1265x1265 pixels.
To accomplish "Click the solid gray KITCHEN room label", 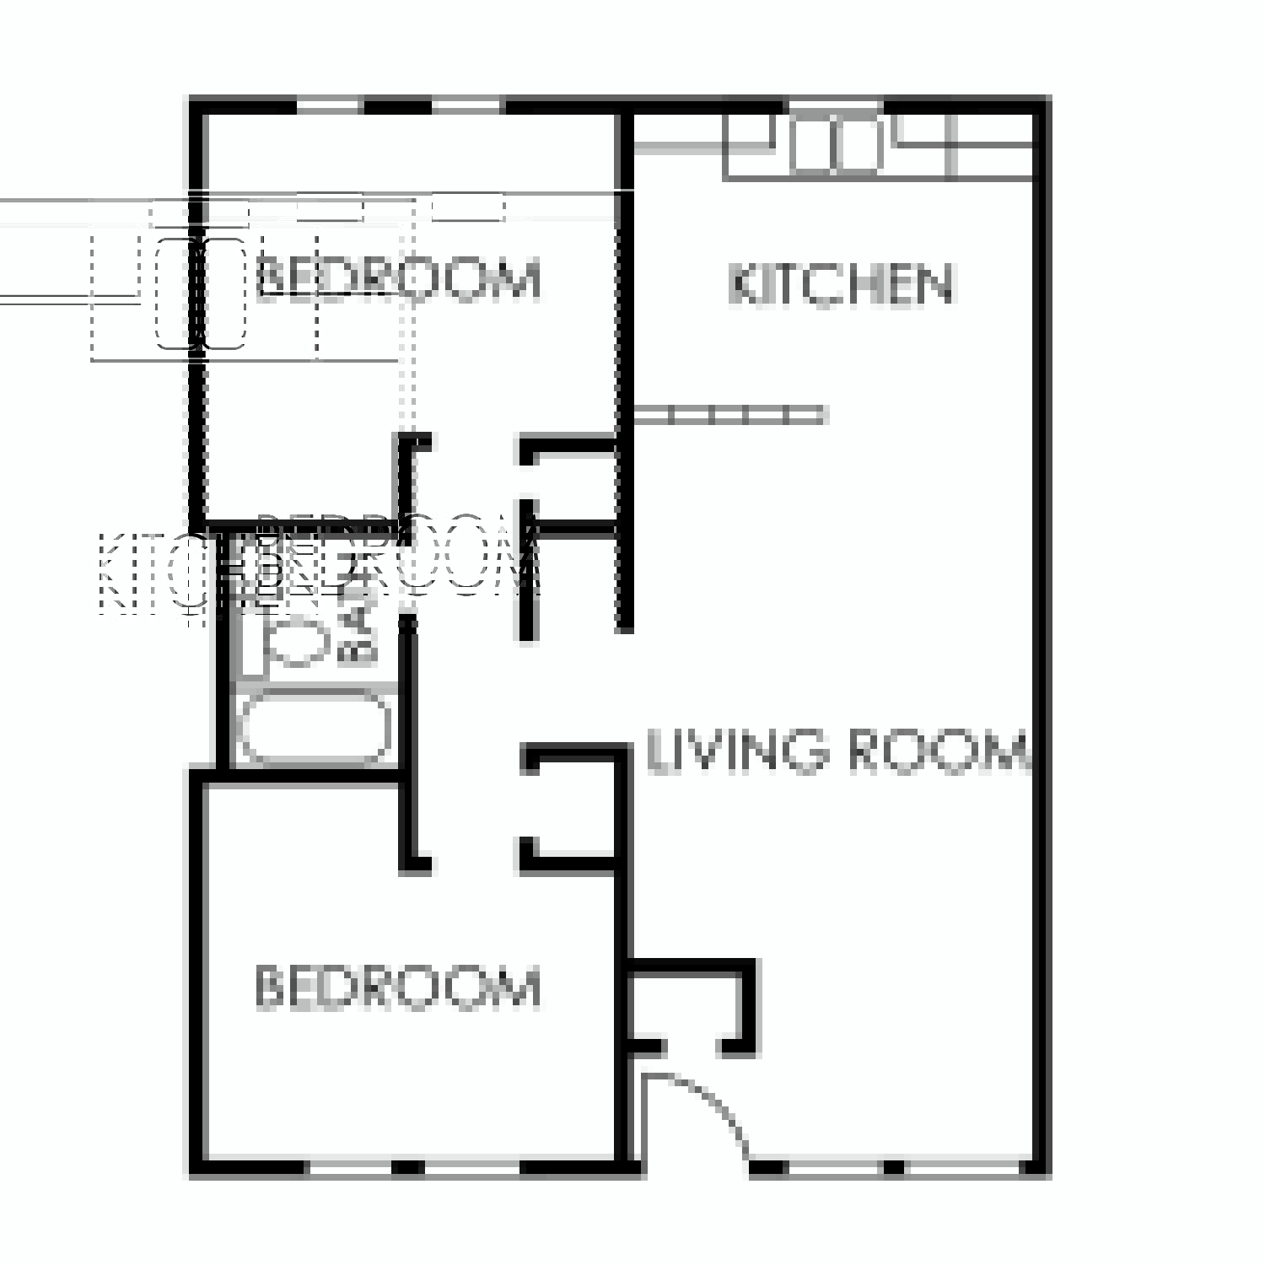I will (841, 284).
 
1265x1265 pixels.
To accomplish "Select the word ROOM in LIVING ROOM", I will (936, 751).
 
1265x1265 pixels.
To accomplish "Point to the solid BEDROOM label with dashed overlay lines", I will (397, 279).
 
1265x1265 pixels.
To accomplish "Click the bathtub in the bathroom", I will (315, 727).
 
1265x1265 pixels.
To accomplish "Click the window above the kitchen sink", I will (835, 105).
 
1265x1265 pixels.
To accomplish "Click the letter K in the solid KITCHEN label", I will (742, 284).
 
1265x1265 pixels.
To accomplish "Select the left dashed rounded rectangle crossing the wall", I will (178, 293).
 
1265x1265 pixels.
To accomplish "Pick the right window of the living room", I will (961, 1168).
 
